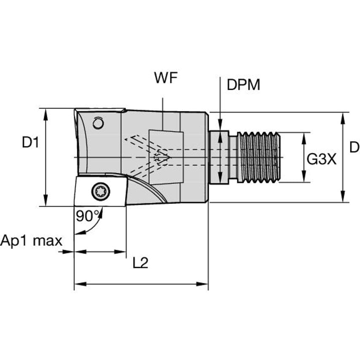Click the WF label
(x=166, y=78)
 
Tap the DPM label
(x=243, y=84)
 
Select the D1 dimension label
(x=30, y=142)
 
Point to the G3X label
(x=321, y=159)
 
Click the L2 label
(x=140, y=263)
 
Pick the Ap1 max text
(x=31, y=241)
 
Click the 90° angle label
(x=88, y=216)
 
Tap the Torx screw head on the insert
(x=101, y=191)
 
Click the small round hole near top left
(x=98, y=123)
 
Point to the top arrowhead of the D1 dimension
(x=46, y=114)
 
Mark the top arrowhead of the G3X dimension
(x=304, y=138)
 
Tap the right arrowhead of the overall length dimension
(x=202, y=284)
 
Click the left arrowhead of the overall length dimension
(x=81, y=284)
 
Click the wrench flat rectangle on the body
(x=166, y=157)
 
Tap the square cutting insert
(x=100, y=191)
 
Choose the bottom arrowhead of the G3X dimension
(x=304, y=177)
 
